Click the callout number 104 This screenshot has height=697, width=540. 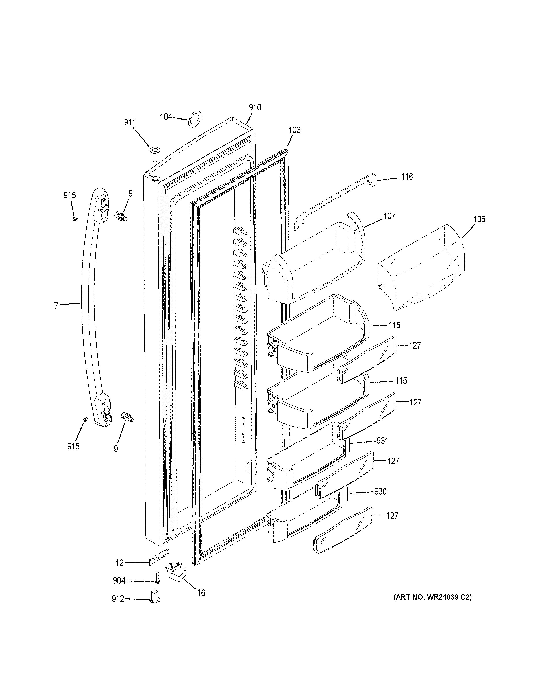(x=166, y=117)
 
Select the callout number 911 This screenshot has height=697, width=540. (x=130, y=123)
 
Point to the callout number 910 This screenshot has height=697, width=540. (x=255, y=108)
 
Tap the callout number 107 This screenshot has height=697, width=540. (x=389, y=216)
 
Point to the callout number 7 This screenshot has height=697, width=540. (x=56, y=306)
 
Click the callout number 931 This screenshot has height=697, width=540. (x=382, y=441)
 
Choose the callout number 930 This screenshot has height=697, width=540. (x=380, y=491)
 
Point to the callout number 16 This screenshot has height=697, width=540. (x=201, y=593)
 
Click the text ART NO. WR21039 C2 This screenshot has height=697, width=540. (x=432, y=597)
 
